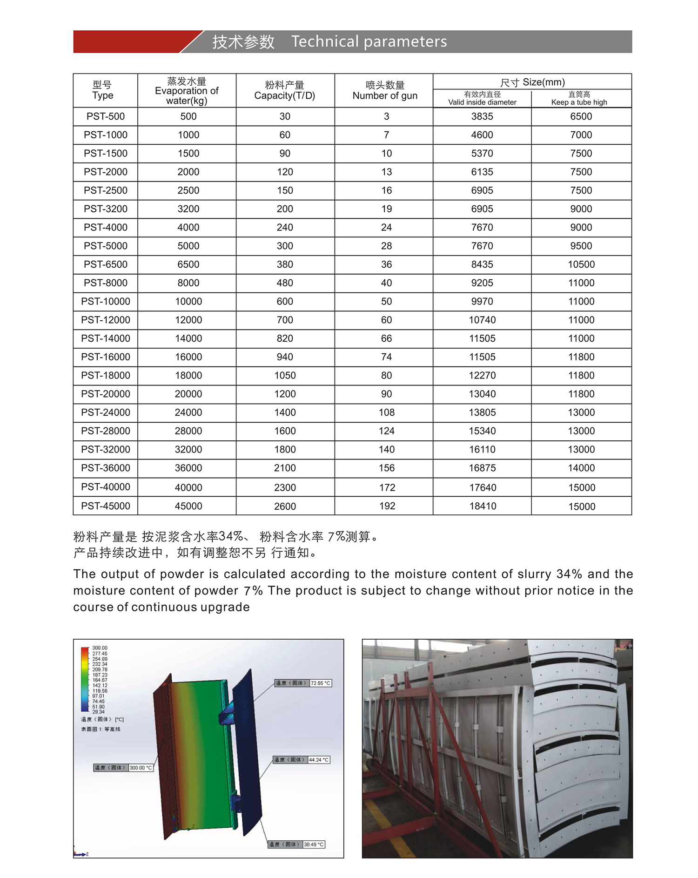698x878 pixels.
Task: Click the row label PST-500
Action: (106, 116)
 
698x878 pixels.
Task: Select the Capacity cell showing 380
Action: (285, 264)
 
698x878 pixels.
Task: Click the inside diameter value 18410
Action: (483, 506)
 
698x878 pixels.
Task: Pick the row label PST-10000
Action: (106, 302)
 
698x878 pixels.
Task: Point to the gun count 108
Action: (386, 412)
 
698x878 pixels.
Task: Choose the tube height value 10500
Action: (581, 264)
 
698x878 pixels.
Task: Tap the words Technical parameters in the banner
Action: (369, 42)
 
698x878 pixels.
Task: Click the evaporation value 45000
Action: (188, 506)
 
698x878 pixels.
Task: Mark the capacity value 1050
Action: (285, 376)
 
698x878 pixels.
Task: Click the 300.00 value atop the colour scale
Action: (100, 648)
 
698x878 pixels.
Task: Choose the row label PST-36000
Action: (106, 468)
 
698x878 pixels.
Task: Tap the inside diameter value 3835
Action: (482, 116)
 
